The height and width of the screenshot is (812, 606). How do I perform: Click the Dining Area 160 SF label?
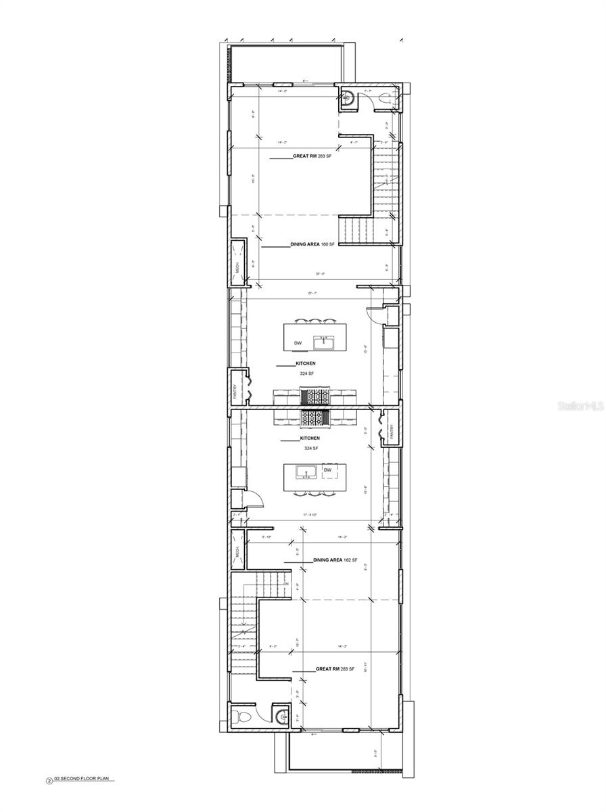point(312,244)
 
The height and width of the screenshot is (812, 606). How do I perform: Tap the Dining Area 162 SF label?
point(335,561)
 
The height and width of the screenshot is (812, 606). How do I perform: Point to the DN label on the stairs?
point(286,583)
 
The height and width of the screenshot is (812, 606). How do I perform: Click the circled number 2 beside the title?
point(49,780)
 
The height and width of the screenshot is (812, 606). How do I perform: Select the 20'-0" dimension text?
point(320,274)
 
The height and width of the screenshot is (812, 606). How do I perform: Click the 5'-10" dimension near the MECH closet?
point(266,537)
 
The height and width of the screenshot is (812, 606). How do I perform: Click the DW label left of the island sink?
point(298,343)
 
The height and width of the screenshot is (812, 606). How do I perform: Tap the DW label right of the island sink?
point(328,470)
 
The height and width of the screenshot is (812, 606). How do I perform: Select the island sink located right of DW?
point(323,342)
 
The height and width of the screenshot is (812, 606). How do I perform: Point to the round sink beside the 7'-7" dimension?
point(347,97)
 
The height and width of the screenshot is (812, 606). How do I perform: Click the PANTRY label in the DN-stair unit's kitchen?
point(391,431)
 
